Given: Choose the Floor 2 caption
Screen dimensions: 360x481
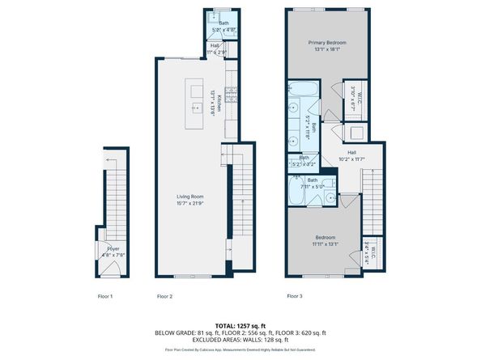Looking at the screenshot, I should click(166, 297).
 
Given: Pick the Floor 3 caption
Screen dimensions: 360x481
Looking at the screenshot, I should click(295, 297).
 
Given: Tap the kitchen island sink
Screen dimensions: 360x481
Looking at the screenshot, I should click(194, 106).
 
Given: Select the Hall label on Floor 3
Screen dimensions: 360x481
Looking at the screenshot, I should click(352, 152).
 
